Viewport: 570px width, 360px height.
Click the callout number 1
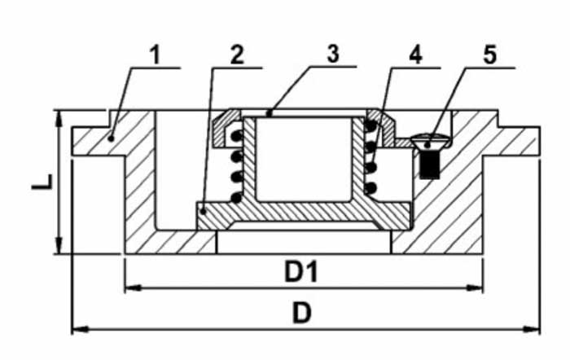[x=156, y=55]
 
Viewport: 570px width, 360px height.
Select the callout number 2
[x=237, y=55]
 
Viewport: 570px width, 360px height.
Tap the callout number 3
[x=333, y=54]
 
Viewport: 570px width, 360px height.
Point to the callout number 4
[x=415, y=55]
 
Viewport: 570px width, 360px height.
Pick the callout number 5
[x=489, y=55]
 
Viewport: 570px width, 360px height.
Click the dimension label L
[x=42, y=182]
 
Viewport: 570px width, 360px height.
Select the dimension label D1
[x=301, y=272]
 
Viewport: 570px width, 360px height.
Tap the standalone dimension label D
[x=302, y=313]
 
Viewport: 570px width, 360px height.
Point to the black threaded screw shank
[x=429, y=165]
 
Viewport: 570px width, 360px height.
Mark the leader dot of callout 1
[x=112, y=138]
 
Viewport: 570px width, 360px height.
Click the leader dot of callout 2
[x=204, y=211]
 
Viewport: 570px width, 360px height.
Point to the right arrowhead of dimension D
[x=532, y=329]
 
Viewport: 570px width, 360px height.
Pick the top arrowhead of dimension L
[x=59, y=119]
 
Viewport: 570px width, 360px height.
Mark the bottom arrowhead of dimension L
[x=59, y=245]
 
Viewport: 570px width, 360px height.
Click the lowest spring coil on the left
[x=236, y=198]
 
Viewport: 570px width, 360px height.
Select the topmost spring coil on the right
[x=370, y=126]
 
